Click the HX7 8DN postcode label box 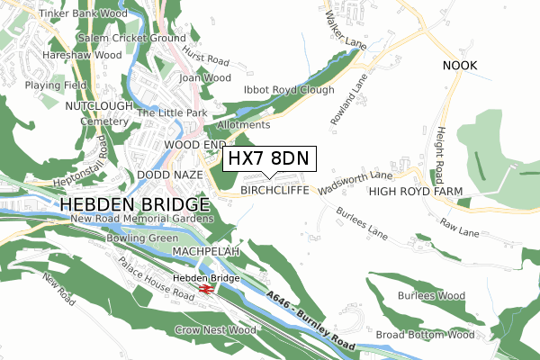(x=268, y=158)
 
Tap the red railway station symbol (x=206, y=290)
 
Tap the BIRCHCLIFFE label (x=274, y=191)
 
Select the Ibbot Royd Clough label (x=289, y=90)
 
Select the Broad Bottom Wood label (x=424, y=335)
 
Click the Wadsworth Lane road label (x=355, y=183)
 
